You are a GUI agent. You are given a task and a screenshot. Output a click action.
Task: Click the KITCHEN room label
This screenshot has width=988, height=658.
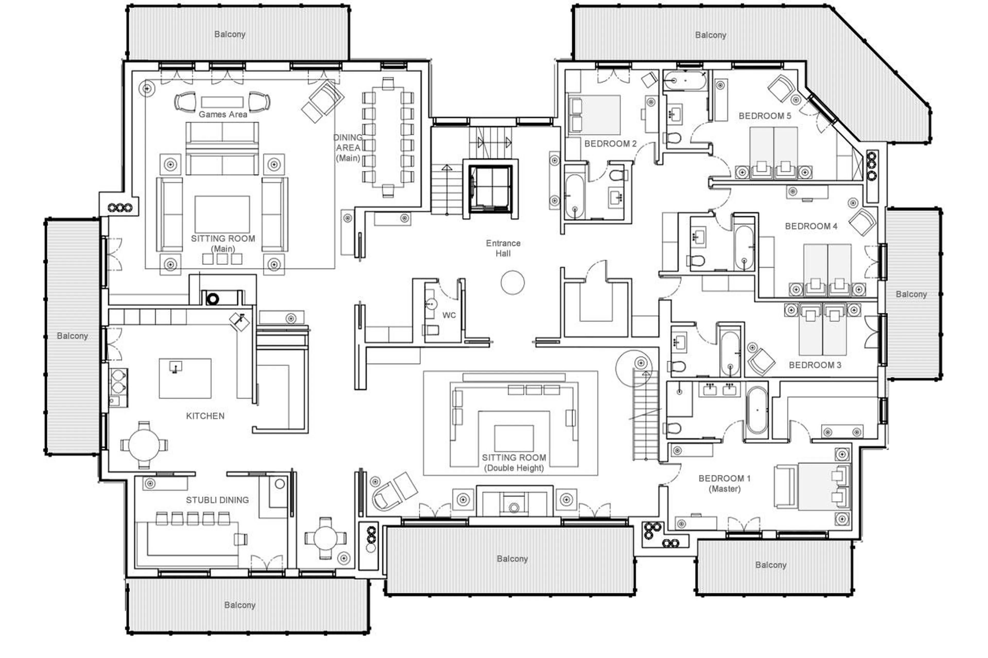pyautogui.click(x=205, y=416)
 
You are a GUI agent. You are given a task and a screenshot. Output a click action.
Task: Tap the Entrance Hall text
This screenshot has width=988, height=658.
pyautogui.click(x=503, y=248)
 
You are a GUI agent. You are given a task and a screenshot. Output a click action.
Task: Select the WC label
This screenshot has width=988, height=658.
pyautogui.click(x=449, y=315)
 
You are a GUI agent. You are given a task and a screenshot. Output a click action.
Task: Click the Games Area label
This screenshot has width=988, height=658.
pyautogui.click(x=223, y=114)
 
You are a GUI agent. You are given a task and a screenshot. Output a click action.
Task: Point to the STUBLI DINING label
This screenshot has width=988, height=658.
pyautogui.click(x=217, y=500)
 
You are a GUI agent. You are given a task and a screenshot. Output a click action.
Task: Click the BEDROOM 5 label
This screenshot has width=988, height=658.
pyautogui.click(x=765, y=116)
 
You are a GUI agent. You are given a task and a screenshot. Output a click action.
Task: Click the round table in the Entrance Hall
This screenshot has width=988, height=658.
pyautogui.click(x=512, y=282)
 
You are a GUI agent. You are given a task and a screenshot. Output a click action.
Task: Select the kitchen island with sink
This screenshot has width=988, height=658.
pyautogui.click(x=185, y=378)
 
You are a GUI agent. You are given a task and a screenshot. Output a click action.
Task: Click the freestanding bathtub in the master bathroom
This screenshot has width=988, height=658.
pyautogui.click(x=757, y=410)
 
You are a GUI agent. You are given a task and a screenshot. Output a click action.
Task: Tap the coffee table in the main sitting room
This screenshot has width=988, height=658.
pyautogui.click(x=222, y=214)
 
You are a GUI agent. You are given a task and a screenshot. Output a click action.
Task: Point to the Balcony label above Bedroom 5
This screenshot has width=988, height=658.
pyautogui.click(x=710, y=35)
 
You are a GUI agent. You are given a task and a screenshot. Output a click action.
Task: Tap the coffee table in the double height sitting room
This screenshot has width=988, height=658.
pyautogui.click(x=514, y=438)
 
